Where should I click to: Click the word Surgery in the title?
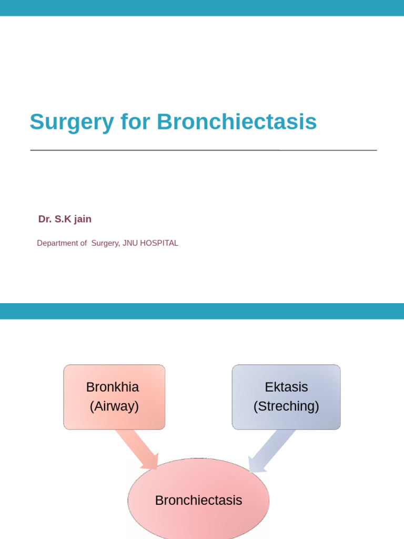point(72,122)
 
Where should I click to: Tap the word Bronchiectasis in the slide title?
point(237,122)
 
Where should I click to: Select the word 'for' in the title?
point(135,122)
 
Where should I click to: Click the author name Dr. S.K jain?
point(65,219)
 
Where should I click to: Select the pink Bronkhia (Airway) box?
point(114,397)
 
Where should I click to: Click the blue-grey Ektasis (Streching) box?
point(286,397)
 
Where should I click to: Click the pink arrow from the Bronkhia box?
point(138,449)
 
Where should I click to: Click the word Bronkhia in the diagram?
point(113,387)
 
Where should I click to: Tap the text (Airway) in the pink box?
point(114,406)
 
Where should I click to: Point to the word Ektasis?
point(286,387)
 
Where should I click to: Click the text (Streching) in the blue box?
point(286,406)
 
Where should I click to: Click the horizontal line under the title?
point(203,151)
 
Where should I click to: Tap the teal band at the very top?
point(202,8)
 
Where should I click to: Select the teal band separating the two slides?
point(202,311)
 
